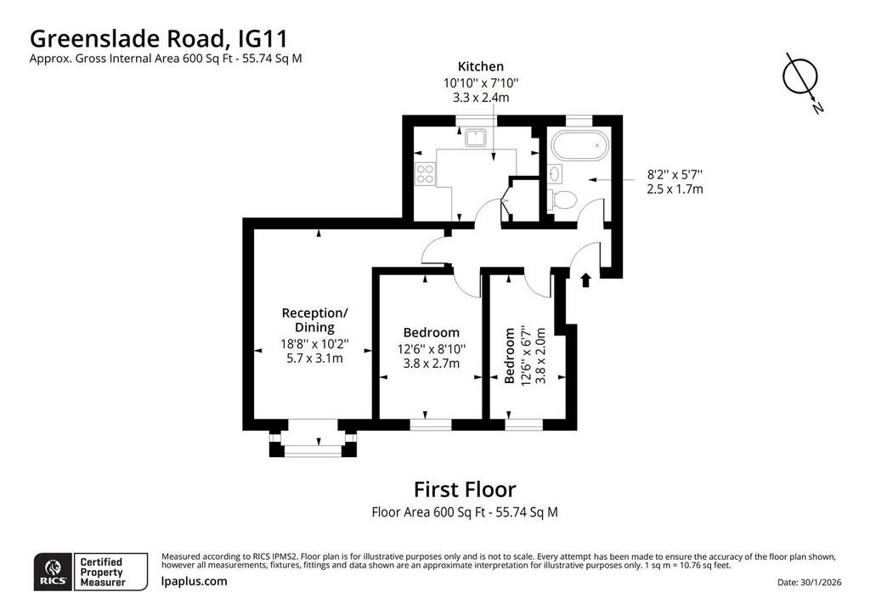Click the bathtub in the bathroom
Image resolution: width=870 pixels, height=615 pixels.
pos(579,144)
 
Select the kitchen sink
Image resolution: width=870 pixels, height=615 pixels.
pos(475,137)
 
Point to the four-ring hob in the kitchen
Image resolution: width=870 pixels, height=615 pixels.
pos(425,173)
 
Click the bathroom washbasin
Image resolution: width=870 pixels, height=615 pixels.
pos(555,173)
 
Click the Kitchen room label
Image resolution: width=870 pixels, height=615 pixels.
pos(481,66)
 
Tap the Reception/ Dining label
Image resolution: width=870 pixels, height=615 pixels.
pos(314,320)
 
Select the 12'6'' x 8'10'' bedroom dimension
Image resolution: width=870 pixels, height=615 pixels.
pos(431,349)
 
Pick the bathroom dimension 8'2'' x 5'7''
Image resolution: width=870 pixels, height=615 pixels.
pos(675,174)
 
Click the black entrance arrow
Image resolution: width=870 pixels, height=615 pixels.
pos(585,279)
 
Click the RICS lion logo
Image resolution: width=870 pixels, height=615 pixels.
pos(54,571)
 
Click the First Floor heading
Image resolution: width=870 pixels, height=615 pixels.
pos(465,489)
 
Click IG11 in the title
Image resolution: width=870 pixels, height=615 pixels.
pos(263,39)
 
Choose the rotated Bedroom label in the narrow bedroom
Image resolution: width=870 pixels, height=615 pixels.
pos(510,356)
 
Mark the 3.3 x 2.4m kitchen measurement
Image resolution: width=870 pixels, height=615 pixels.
pos(481,98)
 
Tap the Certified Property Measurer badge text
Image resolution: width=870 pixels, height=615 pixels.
pos(103,573)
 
